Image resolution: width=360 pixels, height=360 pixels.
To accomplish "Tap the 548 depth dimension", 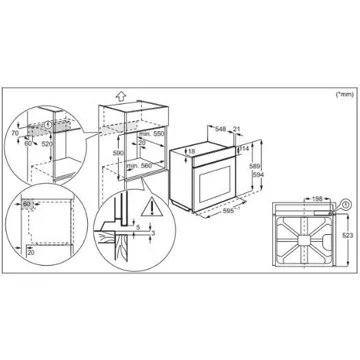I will pos(221,128).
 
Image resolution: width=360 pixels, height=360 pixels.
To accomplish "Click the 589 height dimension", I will pos(254,167).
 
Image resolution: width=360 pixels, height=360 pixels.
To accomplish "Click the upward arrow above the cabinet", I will pos(118,98).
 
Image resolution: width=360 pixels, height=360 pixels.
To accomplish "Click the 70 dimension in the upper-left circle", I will pos(14,132).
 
